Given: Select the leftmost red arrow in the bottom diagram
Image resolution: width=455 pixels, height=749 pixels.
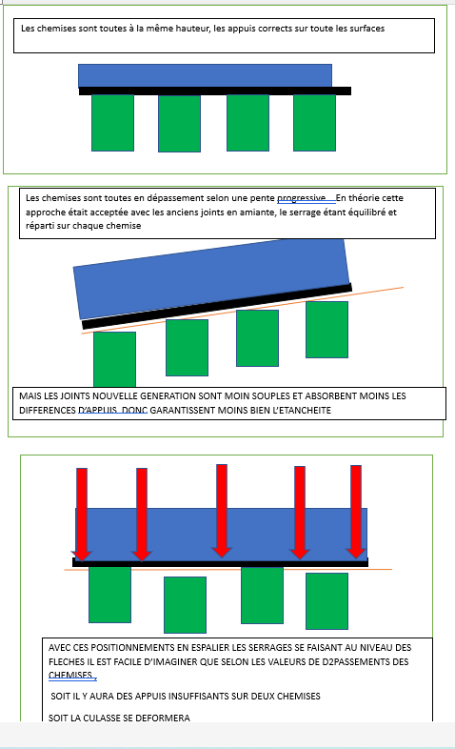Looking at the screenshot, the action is click(82, 515).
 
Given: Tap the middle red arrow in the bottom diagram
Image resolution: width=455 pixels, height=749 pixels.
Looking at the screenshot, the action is click(222, 511).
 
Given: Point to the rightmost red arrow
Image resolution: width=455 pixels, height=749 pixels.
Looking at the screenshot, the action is click(356, 512).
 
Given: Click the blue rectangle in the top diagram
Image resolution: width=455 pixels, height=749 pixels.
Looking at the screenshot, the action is click(205, 75).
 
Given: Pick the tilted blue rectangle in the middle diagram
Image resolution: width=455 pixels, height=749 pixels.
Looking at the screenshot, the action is click(211, 278).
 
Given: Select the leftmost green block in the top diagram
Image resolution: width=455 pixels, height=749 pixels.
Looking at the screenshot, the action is click(112, 123).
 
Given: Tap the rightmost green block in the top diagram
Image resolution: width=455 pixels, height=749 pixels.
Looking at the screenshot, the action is click(314, 123).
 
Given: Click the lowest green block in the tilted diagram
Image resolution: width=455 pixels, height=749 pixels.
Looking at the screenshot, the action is click(114, 359).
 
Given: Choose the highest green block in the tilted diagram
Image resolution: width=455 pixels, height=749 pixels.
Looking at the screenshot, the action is click(326, 330).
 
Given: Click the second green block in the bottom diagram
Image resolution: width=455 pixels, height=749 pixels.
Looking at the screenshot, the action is click(185, 605).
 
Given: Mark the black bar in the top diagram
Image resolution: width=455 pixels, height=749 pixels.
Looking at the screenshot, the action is click(215, 91).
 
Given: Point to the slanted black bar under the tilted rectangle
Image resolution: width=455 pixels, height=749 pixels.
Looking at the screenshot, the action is click(217, 306).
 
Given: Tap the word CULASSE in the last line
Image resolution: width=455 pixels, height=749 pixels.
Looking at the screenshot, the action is click(103, 718).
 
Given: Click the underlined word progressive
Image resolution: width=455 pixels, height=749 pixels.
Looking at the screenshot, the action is click(302, 198).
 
